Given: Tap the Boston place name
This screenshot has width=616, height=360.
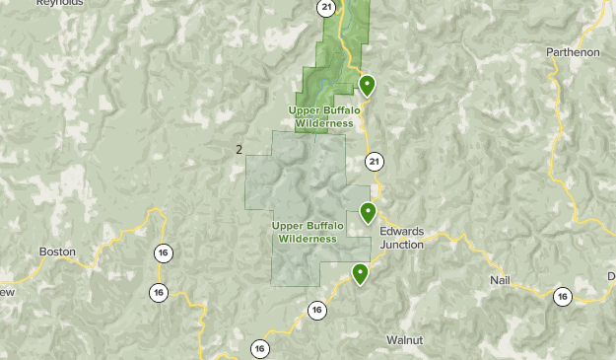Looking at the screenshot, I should click(57, 252).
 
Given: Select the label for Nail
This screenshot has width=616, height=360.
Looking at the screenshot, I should click(501, 281).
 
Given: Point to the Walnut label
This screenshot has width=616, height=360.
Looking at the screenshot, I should click(404, 339).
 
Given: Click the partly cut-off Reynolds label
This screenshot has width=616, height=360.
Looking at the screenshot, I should click(60, 4).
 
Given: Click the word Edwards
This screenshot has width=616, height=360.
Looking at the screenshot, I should click(401, 231).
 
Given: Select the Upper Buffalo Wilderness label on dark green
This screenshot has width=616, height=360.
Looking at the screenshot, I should click(322, 116).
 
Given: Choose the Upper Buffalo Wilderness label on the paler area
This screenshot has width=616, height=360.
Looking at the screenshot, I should click(308, 232).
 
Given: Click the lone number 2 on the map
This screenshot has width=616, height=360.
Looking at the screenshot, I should click(239, 149).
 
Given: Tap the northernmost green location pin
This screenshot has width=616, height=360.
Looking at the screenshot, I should click(367, 85).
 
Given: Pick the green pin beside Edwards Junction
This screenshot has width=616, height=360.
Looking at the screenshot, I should click(368, 211).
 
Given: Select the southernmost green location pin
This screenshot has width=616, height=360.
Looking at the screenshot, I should click(361, 273).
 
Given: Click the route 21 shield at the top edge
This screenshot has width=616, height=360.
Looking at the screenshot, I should click(326, 8).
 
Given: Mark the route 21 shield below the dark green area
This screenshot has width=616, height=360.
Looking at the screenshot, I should click(374, 161).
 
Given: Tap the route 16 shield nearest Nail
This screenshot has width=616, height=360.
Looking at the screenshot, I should click(562, 295).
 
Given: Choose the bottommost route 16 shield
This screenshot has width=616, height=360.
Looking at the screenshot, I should click(259, 348).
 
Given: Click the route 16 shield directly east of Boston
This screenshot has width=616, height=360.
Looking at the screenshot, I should click(162, 253).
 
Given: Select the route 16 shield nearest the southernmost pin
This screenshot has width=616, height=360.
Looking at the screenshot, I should click(316, 311).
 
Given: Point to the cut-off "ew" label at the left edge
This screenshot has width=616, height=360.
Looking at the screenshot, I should click(6, 292).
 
